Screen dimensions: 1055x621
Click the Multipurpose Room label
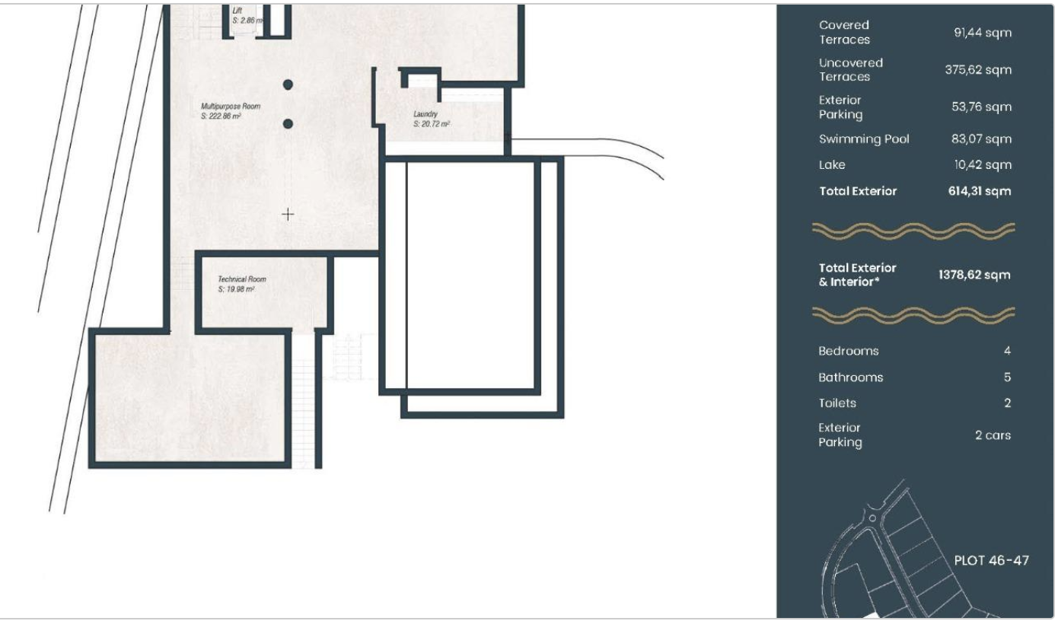[x=231, y=111]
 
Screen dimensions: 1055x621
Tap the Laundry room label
[x=432, y=119]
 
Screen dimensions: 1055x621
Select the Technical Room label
[x=242, y=284]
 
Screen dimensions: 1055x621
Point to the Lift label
[x=247, y=15]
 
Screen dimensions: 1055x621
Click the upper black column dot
[x=288, y=84]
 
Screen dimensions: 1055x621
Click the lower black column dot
[x=288, y=124]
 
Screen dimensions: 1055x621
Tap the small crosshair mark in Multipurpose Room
[x=288, y=215]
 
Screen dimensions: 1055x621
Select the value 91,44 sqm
[x=983, y=33]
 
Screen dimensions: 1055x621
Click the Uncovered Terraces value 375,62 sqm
[x=978, y=70]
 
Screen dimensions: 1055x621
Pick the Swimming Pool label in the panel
[x=864, y=139]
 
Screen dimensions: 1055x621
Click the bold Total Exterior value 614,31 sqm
[x=979, y=191]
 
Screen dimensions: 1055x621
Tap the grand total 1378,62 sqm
[x=974, y=275]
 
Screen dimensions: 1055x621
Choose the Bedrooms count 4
[x=1007, y=351]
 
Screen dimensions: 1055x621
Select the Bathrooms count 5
[x=1007, y=377]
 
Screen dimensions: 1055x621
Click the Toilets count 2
[x=1007, y=403]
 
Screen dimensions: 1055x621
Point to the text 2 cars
[x=993, y=435]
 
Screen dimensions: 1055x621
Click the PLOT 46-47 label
[x=991, y=560]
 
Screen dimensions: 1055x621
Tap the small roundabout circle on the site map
[x=872, y=518]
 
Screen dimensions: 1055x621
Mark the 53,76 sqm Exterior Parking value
[x=981, y=107]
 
